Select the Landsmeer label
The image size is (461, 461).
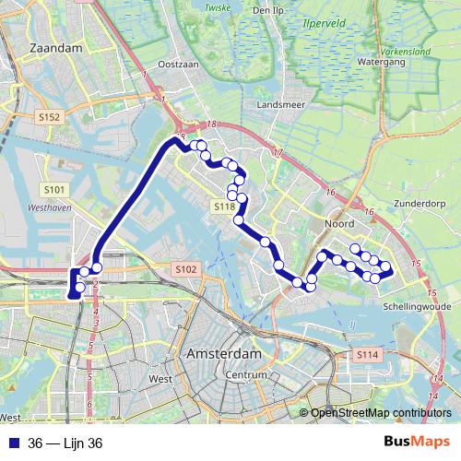click(x=281, y=105)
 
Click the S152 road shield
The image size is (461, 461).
click(x=50, y=117)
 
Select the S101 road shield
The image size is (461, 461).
click(x=54, y=190)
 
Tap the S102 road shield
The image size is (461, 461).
click(x=185, y=269)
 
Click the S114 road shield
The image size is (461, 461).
click(x=368, y=354)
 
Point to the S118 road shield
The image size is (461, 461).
click(x=225, y=208)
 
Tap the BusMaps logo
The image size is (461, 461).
click(x=418, y=443)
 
